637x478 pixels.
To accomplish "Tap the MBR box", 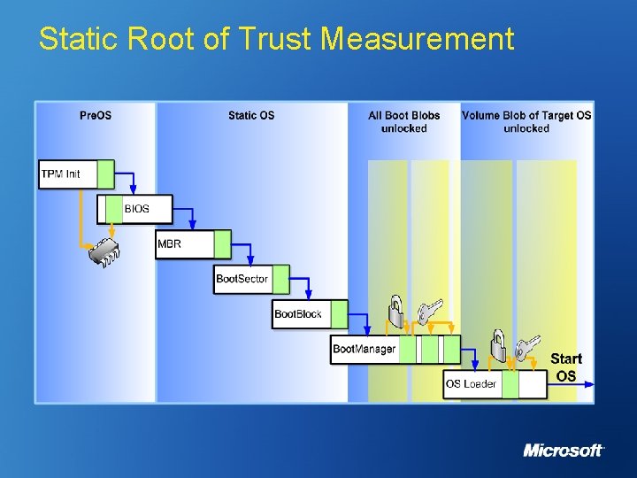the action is [x=184, y=244].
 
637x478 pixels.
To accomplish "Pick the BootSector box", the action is [x=242, y=279].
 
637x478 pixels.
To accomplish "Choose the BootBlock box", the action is [x=298, y=314].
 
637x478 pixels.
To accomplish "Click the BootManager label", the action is [x=364, y=349].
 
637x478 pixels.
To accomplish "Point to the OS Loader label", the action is [x=471, y=384].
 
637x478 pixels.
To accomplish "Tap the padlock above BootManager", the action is [x=395, y=312].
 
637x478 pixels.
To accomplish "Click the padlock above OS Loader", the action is [x=498, y=346].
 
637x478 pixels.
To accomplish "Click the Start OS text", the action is [x=566, y=367].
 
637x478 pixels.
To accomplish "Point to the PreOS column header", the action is [x=96, y=115].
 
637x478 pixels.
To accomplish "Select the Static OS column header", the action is [x=251, y=115].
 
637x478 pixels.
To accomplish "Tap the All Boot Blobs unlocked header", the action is [x=404, y=121].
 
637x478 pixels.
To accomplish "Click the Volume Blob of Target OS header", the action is [x=526, y=121].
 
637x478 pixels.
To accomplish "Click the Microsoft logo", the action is [x=563, y=451].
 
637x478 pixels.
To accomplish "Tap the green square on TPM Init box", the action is [x=105, y=173].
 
